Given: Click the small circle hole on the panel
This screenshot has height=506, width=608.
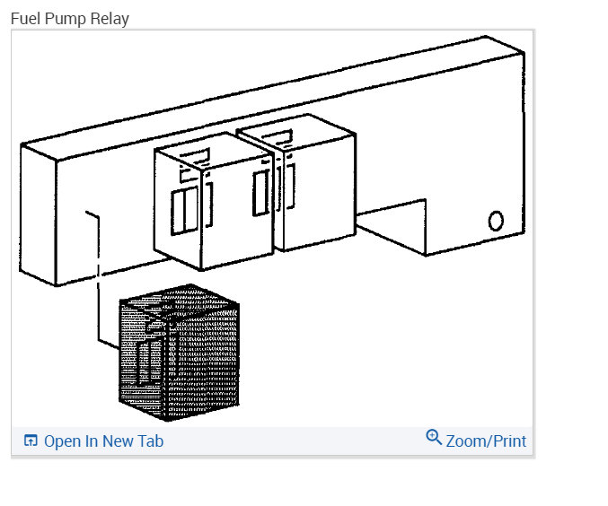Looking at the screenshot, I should (x=496, y=221).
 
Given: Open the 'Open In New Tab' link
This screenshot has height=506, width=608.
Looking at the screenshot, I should (x=102, y=441).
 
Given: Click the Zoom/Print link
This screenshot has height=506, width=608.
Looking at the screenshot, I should (x=485, y=441).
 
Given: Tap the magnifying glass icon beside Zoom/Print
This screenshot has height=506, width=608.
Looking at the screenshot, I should (x=434, y=438).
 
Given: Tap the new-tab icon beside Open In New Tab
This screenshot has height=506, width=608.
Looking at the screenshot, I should (x=31, y=441).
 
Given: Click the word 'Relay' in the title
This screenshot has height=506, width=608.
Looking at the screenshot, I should (x=112, y=18).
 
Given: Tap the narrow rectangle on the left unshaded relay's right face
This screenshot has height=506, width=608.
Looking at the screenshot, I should (x=261, y=193).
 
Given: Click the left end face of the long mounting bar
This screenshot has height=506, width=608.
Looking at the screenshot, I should (x=39, y=215).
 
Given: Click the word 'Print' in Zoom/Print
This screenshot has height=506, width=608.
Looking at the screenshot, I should (x=507, y=441).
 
